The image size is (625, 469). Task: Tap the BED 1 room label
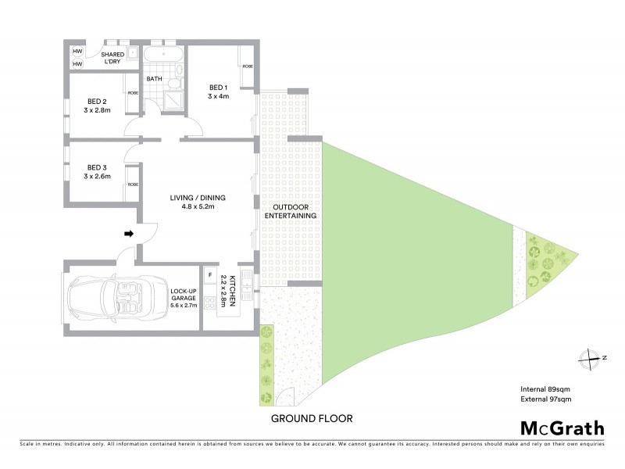pyautogui.click(x=218, y=91)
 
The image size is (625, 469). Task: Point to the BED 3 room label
pyautogui.click(x=97, y=171)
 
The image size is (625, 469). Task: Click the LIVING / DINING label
pyautogui.click(x=198, y=202)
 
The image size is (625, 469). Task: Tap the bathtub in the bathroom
pyautogui.click(x=164, y=54)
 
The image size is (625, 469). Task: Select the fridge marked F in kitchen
pyautogui.click(x=209, y=275)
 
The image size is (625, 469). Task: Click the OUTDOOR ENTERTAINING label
pyautogui.click(x=290, y=209)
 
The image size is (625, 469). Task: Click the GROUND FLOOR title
pyautogui.click(x=312, y=418)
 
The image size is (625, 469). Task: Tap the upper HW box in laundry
pyautogui.click(x=78, y=52)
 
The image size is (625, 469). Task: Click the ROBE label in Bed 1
pyautogui.click(x=247, y=66)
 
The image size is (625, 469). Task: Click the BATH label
pyautogui.click(x=153, y=79)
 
